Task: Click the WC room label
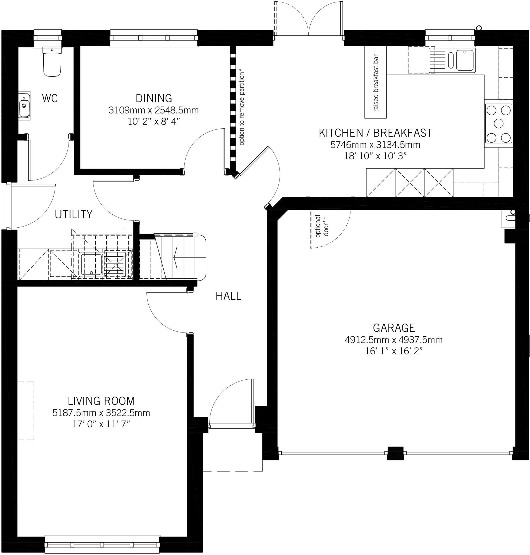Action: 50,98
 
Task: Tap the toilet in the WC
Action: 52,61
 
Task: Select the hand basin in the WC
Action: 24,105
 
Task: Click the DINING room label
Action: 154,98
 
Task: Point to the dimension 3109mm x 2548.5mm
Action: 154,110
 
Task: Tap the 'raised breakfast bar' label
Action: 376,83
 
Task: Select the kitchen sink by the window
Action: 452,60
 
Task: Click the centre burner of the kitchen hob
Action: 499,124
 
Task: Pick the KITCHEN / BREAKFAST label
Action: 375,133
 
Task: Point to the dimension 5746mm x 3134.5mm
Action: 375,145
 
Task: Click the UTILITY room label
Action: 73,214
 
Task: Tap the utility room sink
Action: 91,264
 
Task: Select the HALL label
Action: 228,296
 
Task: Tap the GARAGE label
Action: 394,328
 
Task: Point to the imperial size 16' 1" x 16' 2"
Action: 394,351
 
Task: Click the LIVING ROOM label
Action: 101,401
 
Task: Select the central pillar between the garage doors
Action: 395,453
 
